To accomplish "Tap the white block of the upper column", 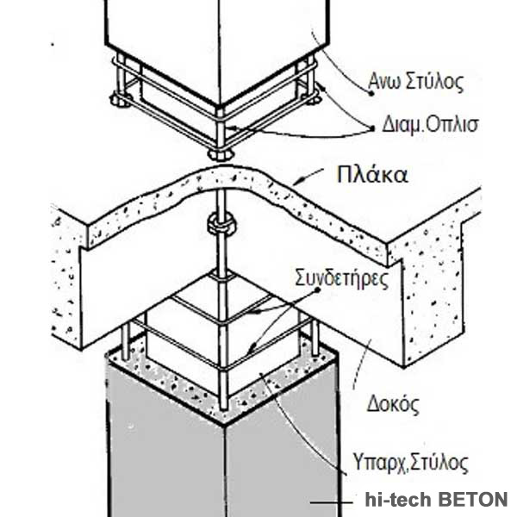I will (215, 43).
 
